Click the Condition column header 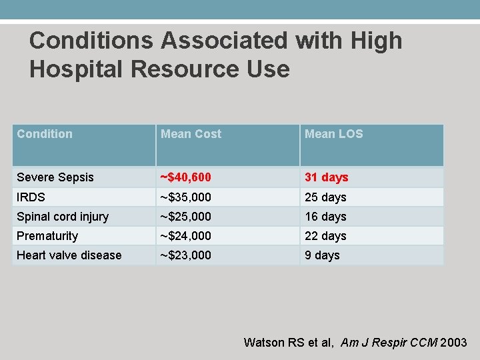[45, 134]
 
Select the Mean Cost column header [191, 134]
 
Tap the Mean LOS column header [333, 134]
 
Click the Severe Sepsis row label [55, 177]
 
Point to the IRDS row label [31, 197]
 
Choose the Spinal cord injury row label [63, 217]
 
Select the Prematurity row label [47, 236]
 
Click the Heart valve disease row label [69, 255]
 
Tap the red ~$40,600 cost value [186, 177]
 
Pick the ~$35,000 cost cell [186, 197]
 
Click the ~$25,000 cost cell [186, 217]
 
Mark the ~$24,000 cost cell [186, 236]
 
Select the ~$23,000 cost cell [186, 255]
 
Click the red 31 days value [327, 177]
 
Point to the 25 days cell [325, 197]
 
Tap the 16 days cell [325, 217]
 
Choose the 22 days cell [325, 236]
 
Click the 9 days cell [322, 255]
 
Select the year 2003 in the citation [454, 343]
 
